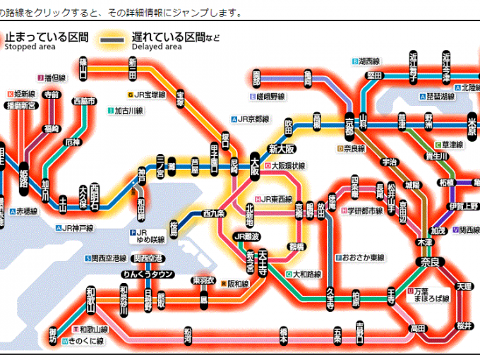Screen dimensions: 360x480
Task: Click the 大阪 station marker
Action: point(255,168)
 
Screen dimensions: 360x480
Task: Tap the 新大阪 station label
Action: point(282,149)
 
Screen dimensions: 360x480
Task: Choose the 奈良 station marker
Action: point(431,262)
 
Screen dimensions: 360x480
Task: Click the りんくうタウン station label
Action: point(148,275)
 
